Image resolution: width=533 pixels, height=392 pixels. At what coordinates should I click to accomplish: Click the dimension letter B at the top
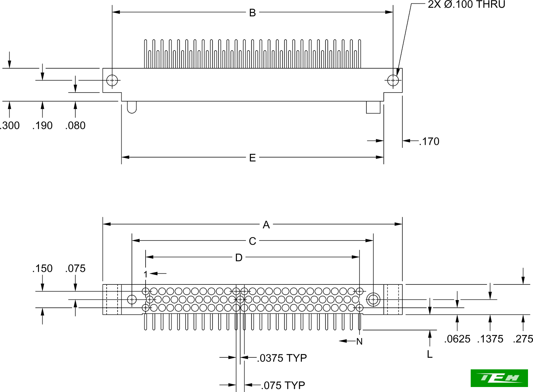pos(252,13)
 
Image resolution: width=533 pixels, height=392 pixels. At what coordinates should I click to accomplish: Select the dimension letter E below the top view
pos(252,158)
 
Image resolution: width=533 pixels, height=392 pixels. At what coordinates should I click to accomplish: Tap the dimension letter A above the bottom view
pos(266,225)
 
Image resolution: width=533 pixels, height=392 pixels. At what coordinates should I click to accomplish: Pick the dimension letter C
pos(252,241)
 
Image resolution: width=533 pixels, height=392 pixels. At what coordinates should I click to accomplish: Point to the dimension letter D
pos(239,258)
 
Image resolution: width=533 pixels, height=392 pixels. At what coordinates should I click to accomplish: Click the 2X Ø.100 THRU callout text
pos(466,5)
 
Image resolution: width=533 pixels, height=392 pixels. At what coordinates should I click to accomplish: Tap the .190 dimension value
pos(43,126)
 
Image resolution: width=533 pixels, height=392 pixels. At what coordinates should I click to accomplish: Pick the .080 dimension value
pos(75,126)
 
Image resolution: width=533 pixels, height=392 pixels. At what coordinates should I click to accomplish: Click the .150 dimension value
pos(43,268)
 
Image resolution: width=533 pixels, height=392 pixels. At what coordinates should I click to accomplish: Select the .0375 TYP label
pos(282,358)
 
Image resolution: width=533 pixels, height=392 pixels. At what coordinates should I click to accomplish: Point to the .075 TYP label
pos(283,386)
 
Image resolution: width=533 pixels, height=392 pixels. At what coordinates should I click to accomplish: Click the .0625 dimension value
pos(457,339)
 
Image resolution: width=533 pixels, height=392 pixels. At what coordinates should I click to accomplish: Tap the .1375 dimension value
pos(490,339)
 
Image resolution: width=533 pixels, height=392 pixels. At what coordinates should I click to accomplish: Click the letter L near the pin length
pos(430,355)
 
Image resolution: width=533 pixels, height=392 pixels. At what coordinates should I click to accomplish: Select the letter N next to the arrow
pos(359,342)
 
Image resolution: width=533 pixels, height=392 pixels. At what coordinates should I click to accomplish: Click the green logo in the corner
pos(499,378)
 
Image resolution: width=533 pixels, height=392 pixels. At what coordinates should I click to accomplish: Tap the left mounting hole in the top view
pos(112,80)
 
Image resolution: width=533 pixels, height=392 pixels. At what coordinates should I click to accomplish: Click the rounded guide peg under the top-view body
pos(132,107)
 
